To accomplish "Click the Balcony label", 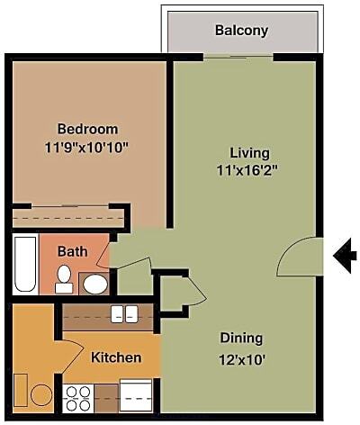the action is [241, 31].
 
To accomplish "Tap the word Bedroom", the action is [87, 129].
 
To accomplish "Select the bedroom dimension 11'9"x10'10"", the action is [86, 148].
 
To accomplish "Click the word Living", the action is [249, 153].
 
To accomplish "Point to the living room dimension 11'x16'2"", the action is [246, 171].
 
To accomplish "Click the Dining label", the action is [241, 339].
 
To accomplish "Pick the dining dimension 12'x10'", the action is [242, 359].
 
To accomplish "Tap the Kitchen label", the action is [116, 357].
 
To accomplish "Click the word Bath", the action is [73, 251].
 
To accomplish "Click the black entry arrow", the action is [345, 256].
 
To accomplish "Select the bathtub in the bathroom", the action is [25, 264].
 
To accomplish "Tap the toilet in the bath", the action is [64, 279].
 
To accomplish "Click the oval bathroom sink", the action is [95, 284].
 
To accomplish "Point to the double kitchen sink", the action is [124, 314].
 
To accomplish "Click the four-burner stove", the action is [78, 398].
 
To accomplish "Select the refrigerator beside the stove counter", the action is [136, 395].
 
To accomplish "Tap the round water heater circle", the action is [41, 395].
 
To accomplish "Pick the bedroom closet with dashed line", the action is [68, 218].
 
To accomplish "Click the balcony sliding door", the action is [238, 56].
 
